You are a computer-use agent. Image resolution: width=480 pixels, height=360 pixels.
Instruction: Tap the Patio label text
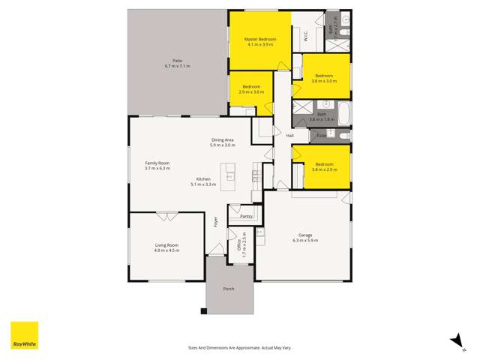click(178, 61)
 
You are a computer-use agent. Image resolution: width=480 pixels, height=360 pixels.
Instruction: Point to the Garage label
click(306, 235)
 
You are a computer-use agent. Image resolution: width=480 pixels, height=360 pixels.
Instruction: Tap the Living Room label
click(166, 245)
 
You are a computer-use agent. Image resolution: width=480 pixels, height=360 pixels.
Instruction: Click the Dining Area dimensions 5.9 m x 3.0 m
click(223, 145)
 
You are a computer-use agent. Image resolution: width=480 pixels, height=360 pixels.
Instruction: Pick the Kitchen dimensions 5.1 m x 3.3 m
click(206, 184)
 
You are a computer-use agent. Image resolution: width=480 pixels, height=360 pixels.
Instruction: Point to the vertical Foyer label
click(215, 223)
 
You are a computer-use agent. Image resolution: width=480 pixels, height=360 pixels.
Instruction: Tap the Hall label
click(289, 135)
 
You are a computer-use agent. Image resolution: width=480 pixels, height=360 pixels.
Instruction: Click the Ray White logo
click(24, 335)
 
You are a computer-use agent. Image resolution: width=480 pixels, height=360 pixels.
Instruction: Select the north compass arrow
click(454, 341)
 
